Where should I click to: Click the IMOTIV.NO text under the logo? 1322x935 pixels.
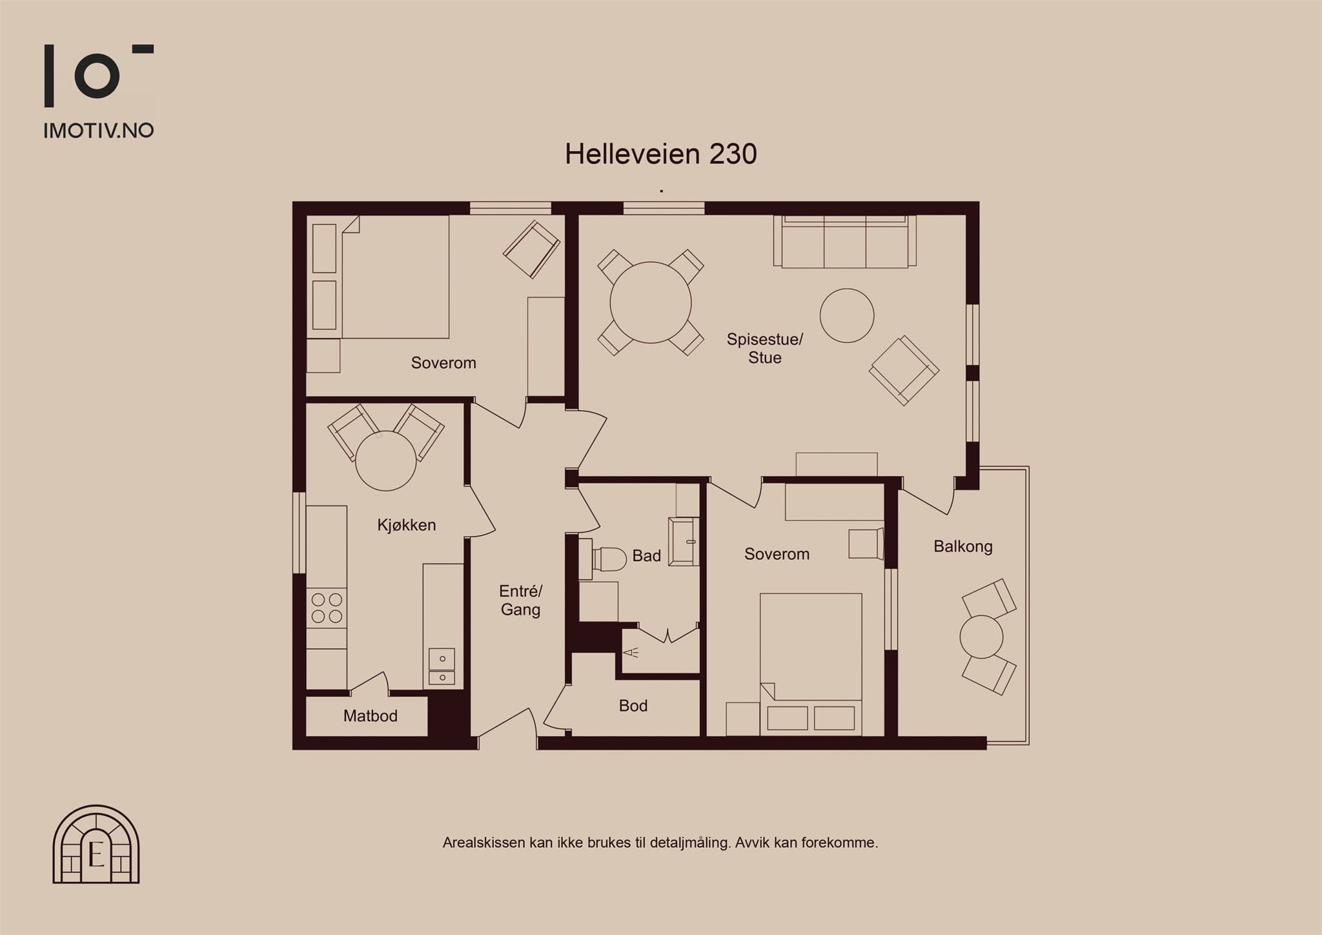click(98, 130)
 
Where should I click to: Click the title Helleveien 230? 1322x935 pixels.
click(660, 154)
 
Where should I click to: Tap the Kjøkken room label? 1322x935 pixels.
click(407, 525)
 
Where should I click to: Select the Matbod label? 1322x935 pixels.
click(371, 715)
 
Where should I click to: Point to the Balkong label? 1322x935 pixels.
click(963, 547)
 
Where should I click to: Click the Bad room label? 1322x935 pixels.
click(646, 556)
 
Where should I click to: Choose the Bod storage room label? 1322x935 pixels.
click(633, 706)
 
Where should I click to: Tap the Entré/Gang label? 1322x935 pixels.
click(521, 601)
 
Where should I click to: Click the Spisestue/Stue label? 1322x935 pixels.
click(765, 349)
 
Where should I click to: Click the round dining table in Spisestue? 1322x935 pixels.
click(651, 302)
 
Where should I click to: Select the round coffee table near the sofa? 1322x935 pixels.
click(847, 315)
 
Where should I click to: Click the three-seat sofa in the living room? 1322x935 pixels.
click(845, 241)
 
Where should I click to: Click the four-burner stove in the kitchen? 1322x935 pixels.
click(327, 608)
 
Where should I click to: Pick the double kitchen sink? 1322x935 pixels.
click(442, 668)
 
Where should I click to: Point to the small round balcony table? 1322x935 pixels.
click(981, 637)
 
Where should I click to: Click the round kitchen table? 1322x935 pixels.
click(386, 461)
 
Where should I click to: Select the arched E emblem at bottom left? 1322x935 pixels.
click(96, 844)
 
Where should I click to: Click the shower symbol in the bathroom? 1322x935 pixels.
click(631, 652)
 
